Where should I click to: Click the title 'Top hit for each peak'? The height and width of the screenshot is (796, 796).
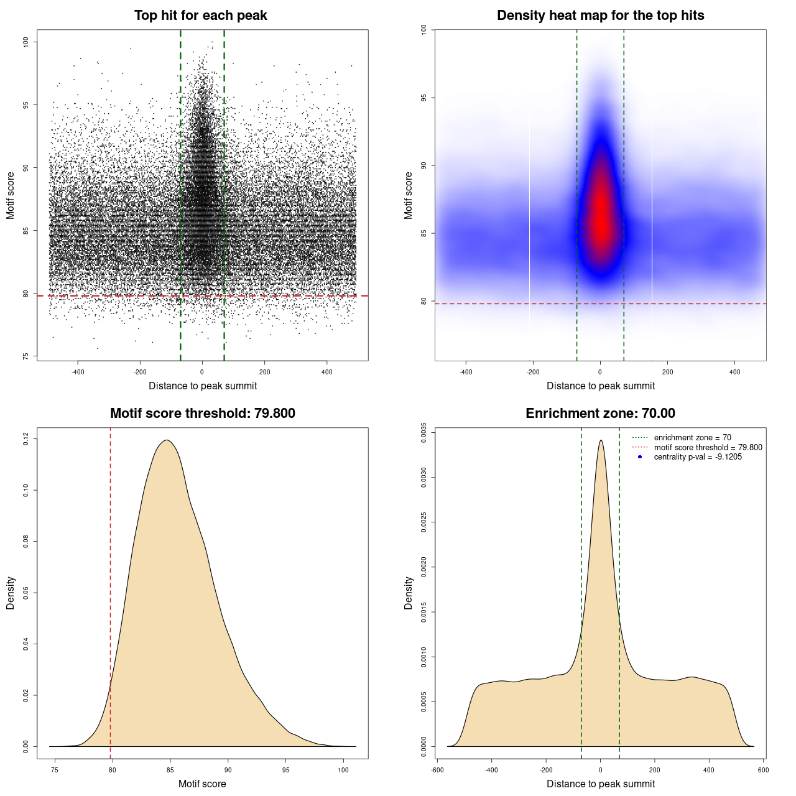(200, 16)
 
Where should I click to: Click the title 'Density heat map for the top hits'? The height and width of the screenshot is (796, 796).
(600, 16)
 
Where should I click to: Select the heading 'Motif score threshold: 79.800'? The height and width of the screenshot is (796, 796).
(202, 414)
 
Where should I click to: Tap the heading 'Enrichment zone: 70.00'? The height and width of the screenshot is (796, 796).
(600, 414)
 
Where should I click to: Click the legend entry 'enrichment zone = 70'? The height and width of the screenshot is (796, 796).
(692, 438)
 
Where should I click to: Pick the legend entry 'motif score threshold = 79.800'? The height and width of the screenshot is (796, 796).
(708, 447)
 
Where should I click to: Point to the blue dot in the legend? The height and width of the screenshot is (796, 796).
(640, 457)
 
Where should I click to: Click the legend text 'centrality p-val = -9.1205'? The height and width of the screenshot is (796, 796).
(698, 457)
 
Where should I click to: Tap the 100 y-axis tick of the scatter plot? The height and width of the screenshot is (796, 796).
(26, 42)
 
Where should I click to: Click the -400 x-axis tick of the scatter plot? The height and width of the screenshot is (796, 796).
(78, 372)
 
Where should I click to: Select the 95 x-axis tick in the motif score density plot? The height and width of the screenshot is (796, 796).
(286, 770)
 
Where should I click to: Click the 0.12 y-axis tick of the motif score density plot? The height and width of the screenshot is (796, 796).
(26, 439)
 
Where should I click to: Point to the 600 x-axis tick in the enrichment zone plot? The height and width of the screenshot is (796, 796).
(763, 770)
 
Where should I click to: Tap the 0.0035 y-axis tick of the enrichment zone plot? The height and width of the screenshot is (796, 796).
(424, 430)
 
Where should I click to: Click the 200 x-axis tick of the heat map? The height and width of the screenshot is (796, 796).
(667, 372)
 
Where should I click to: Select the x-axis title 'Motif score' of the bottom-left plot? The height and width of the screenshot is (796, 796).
(202, 784)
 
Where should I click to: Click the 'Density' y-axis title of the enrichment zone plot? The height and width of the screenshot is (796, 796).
(409, 593)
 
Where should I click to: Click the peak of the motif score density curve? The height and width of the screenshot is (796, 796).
(166, 440)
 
